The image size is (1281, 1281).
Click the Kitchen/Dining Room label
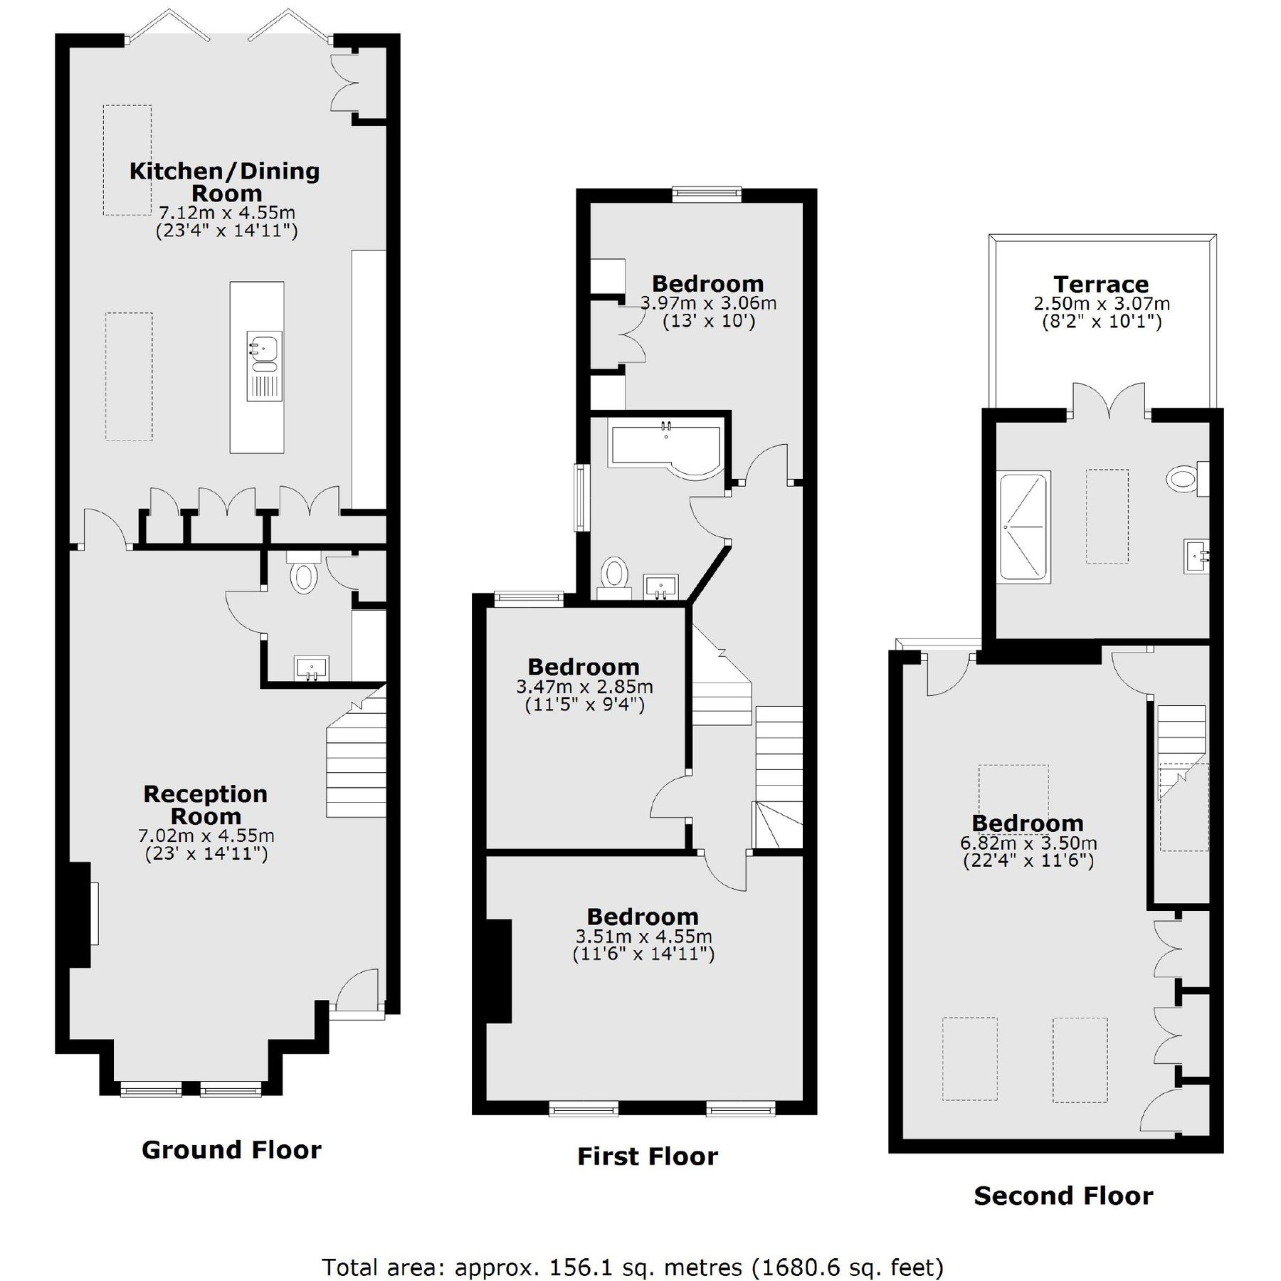click(x=224, y=182)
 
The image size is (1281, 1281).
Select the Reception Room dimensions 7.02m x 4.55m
click(x=206, y=835)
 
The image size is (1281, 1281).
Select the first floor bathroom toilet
click(x=613, y=575)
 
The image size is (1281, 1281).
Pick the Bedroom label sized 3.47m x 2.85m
click(x=584, y=667)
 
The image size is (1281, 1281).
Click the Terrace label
click(x=1100, y=285)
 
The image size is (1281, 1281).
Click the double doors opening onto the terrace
click(x=1109, y=401)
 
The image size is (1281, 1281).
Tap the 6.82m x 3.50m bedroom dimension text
click(x=1028, y=843)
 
